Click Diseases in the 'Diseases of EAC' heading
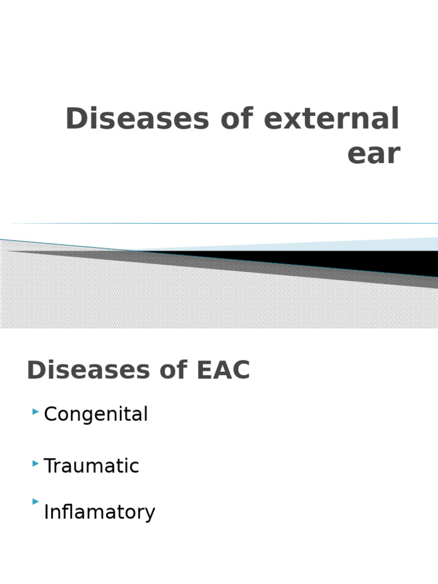click(83, 370)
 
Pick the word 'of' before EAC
click(165, 370)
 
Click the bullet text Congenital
click(96, 415)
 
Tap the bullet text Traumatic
click(91, 466)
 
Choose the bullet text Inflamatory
click(99, 512)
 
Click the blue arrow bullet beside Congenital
click(36, 411)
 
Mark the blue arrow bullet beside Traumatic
click(36, 465)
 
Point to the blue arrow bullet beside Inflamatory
click(36, 502)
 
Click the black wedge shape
click(365, 262)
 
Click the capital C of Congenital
click(50, 414)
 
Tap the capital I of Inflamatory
click(46, 512)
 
